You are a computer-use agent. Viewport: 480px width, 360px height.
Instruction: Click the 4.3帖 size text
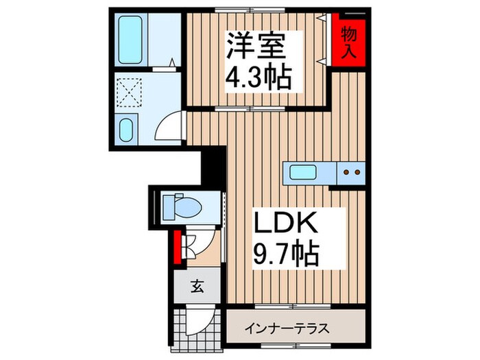pyautogui.click(x=260, y=76)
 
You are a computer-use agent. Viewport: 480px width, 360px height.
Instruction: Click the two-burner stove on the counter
pyautogui.click(x=351, y=172)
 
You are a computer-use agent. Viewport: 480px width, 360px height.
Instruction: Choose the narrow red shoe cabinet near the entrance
pyautogui.click(x=177, y=248)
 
